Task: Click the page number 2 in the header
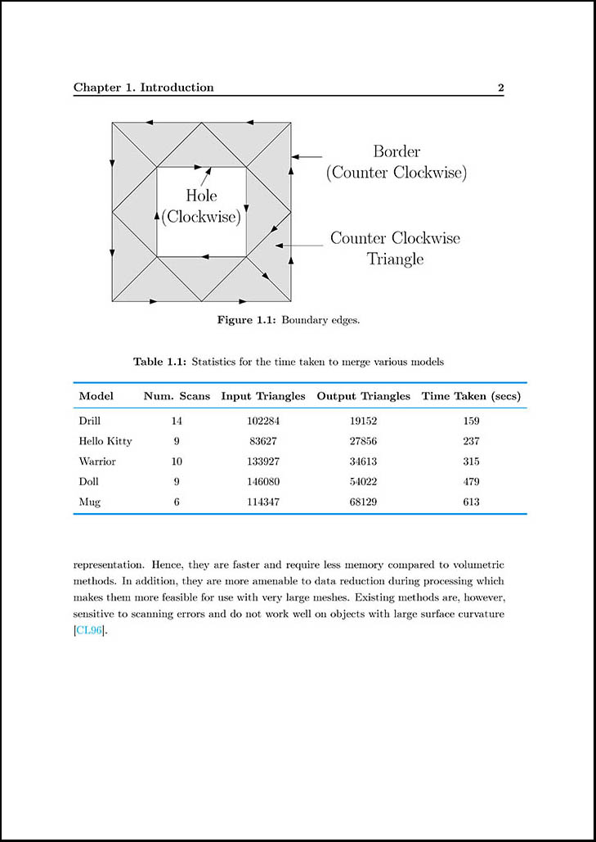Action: (500, 88)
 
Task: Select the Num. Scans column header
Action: (177, 396)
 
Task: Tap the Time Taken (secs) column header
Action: (471, 396)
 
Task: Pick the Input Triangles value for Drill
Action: (262, 421)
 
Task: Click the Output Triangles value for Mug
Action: (363, 502)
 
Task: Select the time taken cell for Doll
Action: (470, 481)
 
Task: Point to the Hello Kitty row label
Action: (105, 441)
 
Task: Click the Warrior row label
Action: (97, 462)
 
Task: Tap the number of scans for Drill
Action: (177, 421)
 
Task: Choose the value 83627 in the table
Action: (262, 441)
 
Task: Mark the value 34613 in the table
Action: (363, 462)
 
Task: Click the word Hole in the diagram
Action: (201, 196)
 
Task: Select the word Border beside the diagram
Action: (397, 151)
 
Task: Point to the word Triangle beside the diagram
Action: (395, 259)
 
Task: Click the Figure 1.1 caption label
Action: (246, 320)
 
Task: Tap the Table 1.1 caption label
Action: (160, 361)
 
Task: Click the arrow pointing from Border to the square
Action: (307, 155)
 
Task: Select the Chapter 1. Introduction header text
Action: (144, 88)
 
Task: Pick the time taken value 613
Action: (470, 502)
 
